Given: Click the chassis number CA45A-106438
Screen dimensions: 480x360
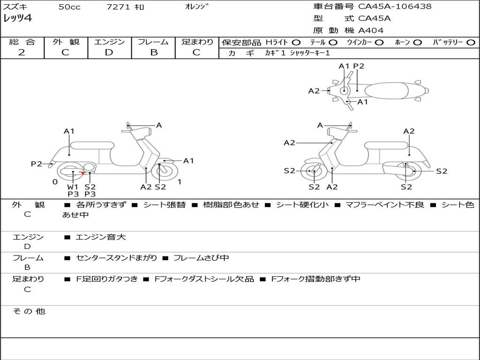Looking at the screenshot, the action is pos(395,7).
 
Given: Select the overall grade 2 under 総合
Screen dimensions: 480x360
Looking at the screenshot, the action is pos(22,52).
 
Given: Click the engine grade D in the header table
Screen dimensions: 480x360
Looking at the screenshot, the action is pos(109,52).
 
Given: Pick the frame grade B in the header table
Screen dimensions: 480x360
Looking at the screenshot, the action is pos(153,52).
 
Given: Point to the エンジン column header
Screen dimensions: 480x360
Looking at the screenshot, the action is pos(109,42).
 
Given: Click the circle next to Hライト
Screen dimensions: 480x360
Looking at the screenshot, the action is pos(296,42).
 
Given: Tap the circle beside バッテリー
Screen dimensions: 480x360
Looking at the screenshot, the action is pos(471,42).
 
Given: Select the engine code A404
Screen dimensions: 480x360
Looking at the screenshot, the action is pos(371,30).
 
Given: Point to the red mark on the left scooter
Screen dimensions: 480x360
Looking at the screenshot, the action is pos(82,173).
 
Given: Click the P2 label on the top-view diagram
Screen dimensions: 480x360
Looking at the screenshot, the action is pos(359,66).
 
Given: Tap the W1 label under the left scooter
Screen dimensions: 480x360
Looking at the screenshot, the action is pos(73,187).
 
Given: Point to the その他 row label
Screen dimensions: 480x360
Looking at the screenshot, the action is pos(29,311).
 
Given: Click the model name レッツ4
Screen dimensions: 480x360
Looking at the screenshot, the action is pos(17,19).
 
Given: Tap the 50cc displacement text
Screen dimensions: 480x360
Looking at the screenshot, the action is pos(69,7).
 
